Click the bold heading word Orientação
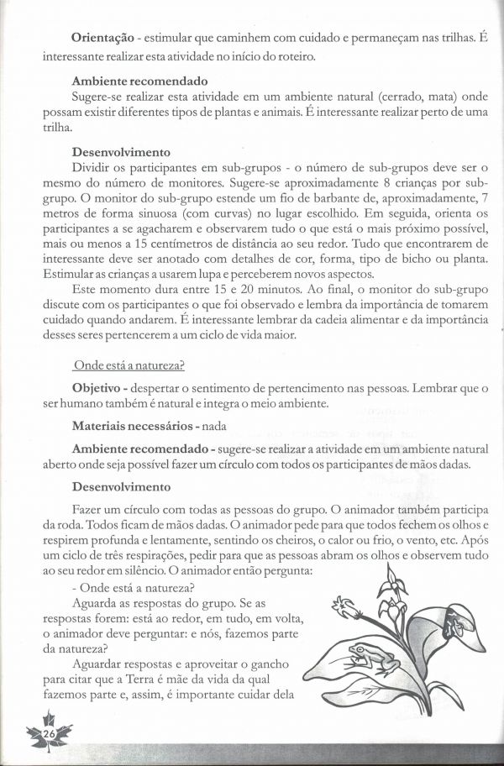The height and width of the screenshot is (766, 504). pyautogui.click(x=102, y=39)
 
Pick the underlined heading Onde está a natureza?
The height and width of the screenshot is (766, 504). pyautogui.click(x=129, y=365)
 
